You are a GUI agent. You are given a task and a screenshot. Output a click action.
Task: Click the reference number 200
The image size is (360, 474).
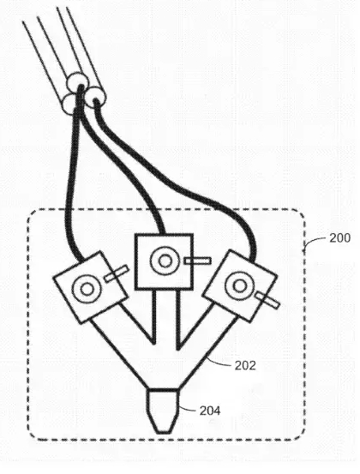pos(339,238)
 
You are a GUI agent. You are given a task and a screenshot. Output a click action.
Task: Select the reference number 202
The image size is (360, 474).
pos(245,365)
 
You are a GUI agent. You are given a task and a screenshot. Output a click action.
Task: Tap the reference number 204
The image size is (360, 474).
pos(210,411)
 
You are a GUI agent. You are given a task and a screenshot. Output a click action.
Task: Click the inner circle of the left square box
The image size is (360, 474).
pos(87,290)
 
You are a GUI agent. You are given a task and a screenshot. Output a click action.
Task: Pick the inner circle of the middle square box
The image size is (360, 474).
pos(165,261)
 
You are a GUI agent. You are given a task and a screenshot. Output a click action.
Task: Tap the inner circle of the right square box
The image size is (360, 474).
pos(240,286)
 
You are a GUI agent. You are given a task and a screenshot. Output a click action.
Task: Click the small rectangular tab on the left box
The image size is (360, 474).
pos(117,273)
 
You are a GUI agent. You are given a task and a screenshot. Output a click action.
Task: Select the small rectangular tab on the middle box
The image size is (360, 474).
pos(198,261)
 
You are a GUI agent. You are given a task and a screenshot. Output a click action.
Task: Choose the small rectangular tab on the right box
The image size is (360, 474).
pos(267,301)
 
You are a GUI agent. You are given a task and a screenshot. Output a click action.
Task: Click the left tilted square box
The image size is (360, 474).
pos(91,287)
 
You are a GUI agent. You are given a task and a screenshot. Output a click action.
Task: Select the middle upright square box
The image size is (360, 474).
pos(164,261)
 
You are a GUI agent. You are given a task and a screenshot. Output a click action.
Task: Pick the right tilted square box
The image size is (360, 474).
pos(240,285)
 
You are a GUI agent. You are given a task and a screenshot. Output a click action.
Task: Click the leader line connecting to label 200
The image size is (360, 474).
pos(315,241)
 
